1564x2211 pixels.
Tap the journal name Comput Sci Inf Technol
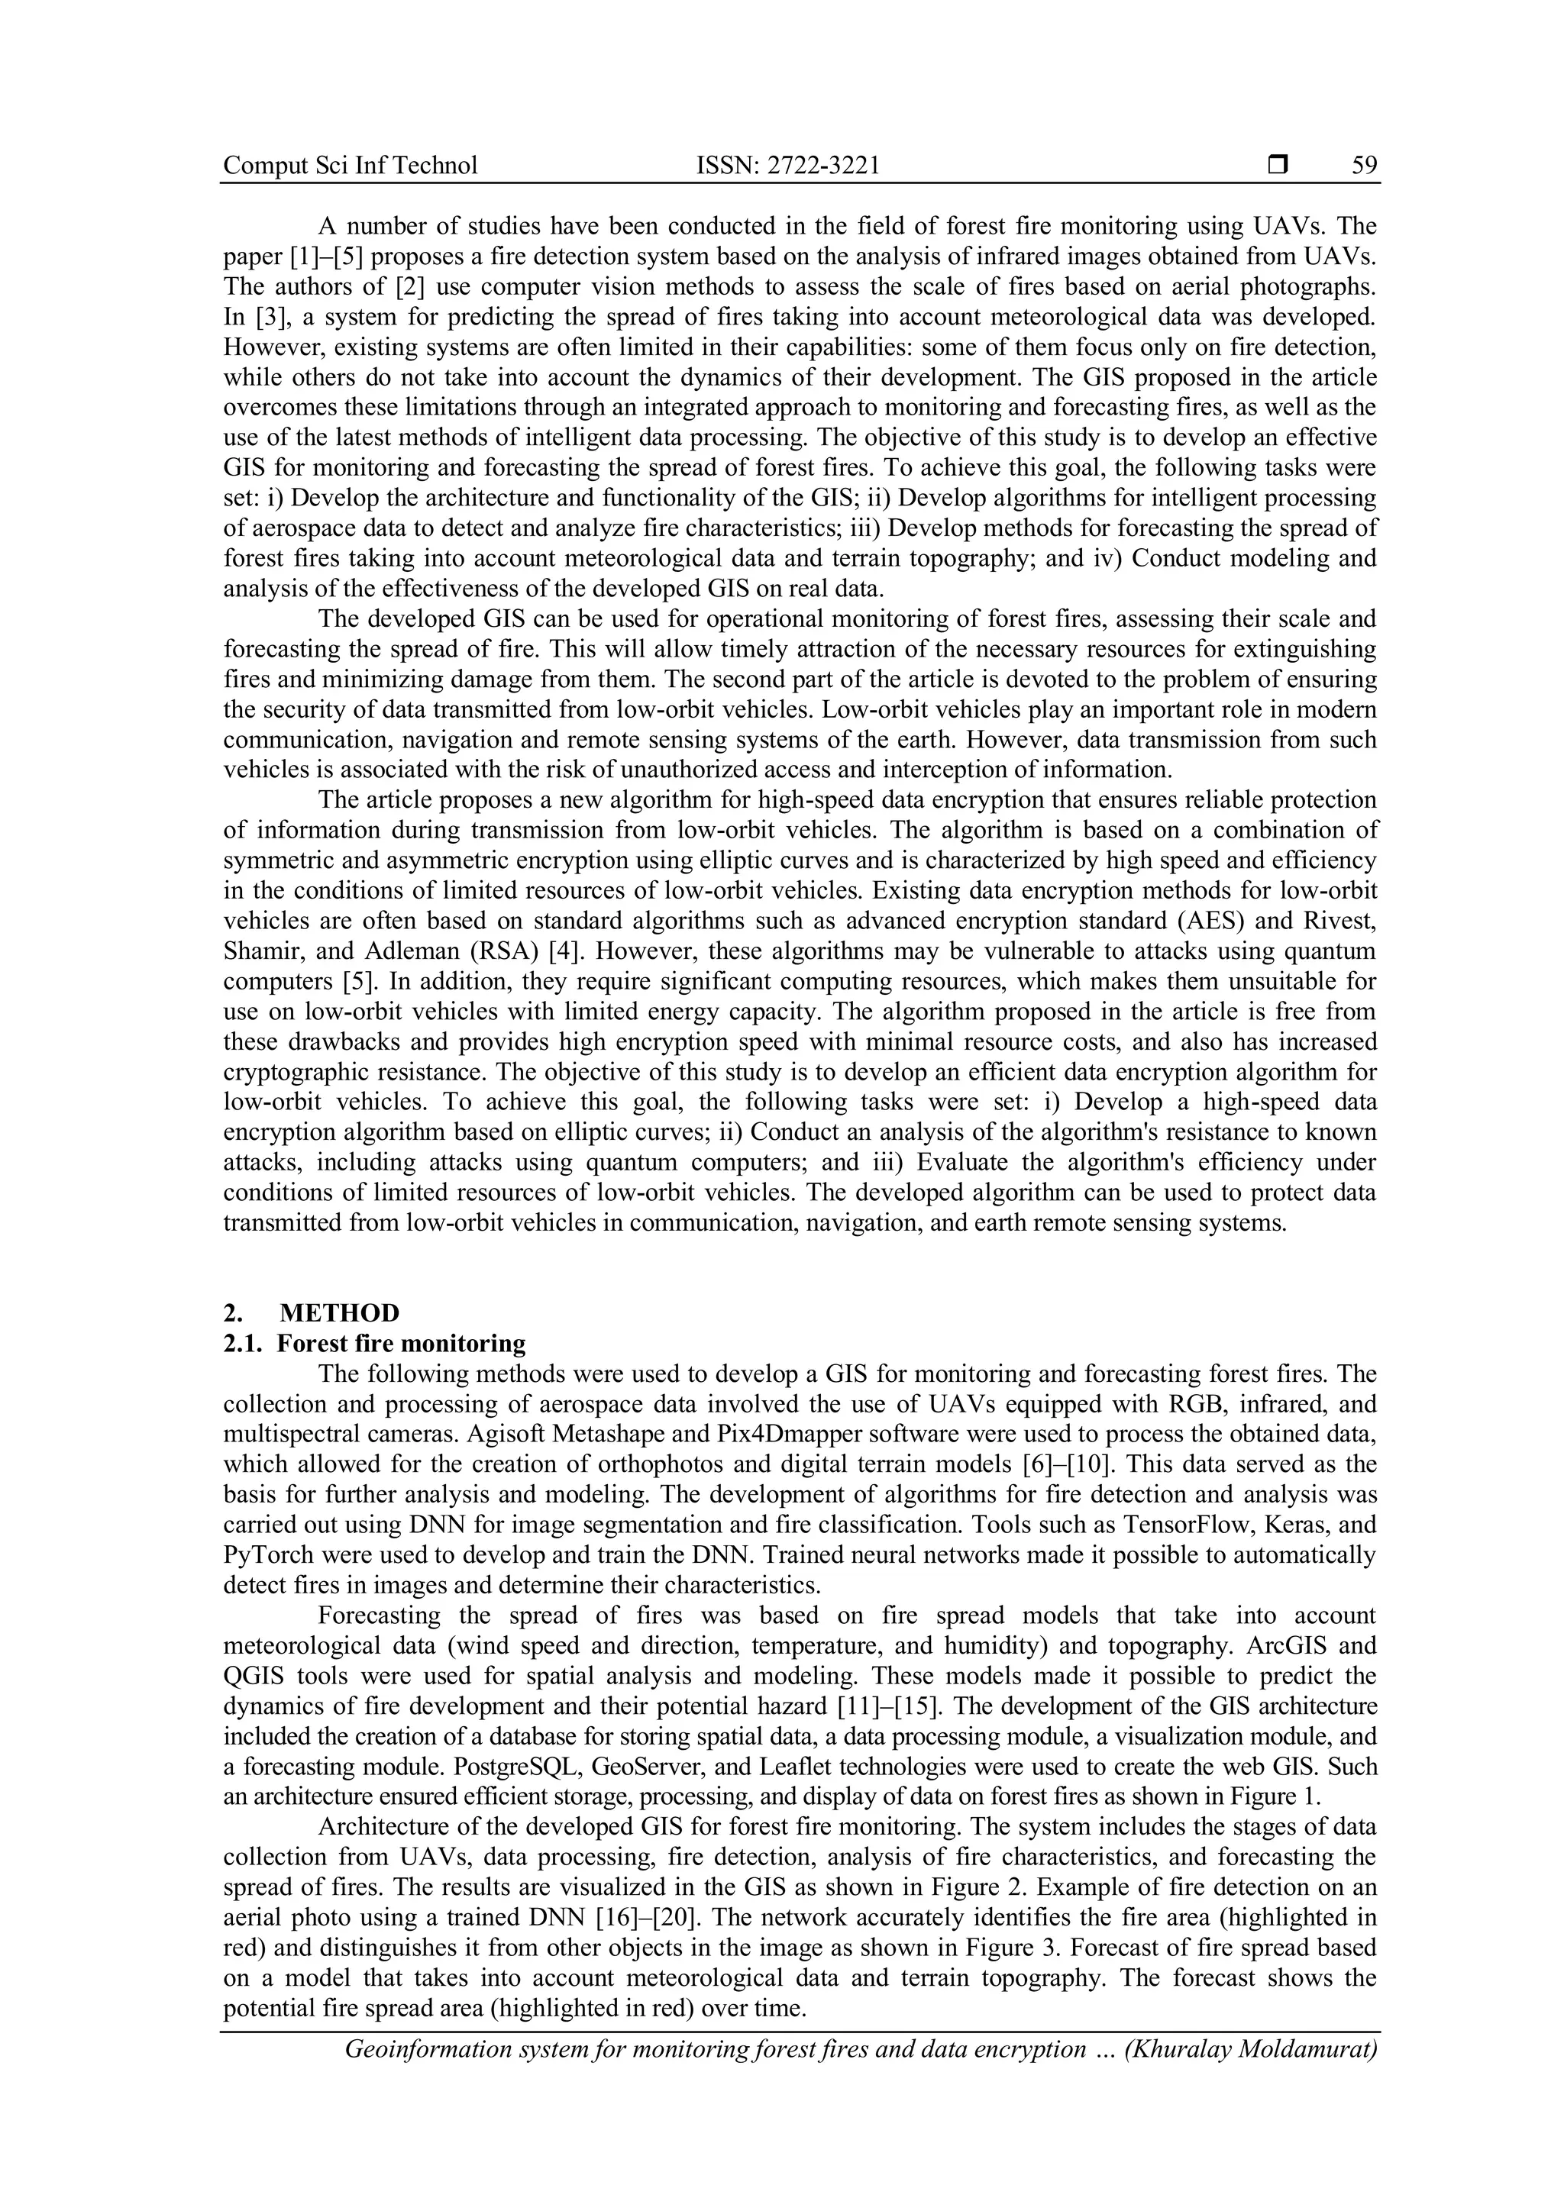pyautogui.click(x=351, y=166)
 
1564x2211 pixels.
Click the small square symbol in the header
pyautogui.click(x=1277, y=166)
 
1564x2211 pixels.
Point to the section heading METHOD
pyautogui.click(x=339, y=1312)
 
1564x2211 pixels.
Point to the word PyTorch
pyautogui.click(x=265, y=1555)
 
